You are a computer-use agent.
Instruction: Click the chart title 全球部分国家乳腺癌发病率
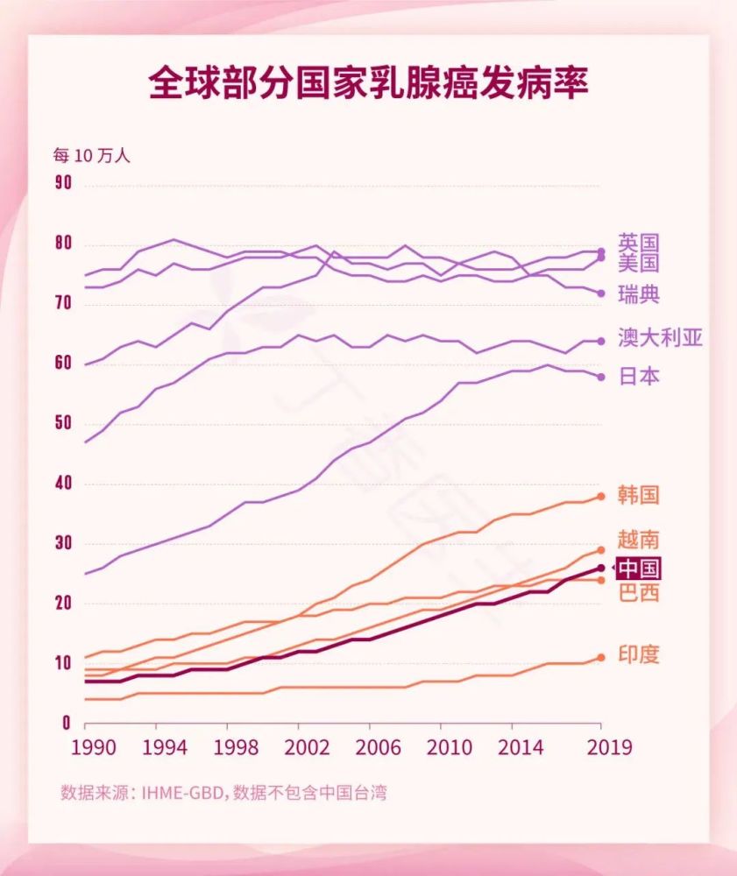[x=368, y=84]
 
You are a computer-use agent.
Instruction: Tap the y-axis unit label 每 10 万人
[x=91, y=156]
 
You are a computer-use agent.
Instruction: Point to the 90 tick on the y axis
[x=62, y=183]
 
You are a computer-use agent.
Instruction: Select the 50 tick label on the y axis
[x=62, y=424]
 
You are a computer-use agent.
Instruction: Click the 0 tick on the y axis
[x=66, y=724]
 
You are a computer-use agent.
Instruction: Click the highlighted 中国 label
[x=638, y=569]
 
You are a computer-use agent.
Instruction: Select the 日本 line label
[x=638, y=377]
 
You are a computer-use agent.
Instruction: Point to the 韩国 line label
[x=638, y=495]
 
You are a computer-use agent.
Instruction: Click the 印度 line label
[x=638, y=654]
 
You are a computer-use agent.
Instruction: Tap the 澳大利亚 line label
[x=660, y=338]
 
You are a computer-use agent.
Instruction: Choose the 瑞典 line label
[x=638, y=294]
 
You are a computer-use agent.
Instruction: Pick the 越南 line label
[x=638, y=539]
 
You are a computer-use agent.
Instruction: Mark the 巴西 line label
[x=638, y=594]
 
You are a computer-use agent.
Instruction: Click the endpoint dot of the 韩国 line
[x=601, y=497]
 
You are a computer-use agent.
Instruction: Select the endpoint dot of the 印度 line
[x=601, y=657]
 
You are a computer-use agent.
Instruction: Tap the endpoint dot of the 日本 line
[x=601, y=377]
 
